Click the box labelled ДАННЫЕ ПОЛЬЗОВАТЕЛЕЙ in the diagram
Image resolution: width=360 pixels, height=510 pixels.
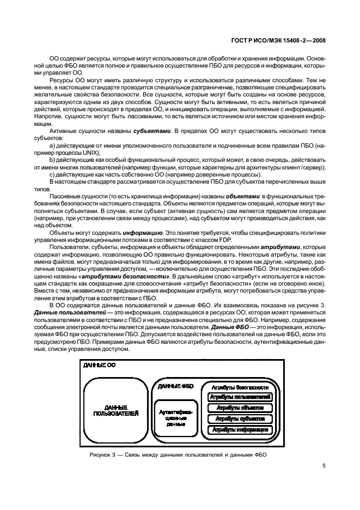click(116, 410)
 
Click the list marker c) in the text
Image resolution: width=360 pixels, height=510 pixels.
click(53, 175)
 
